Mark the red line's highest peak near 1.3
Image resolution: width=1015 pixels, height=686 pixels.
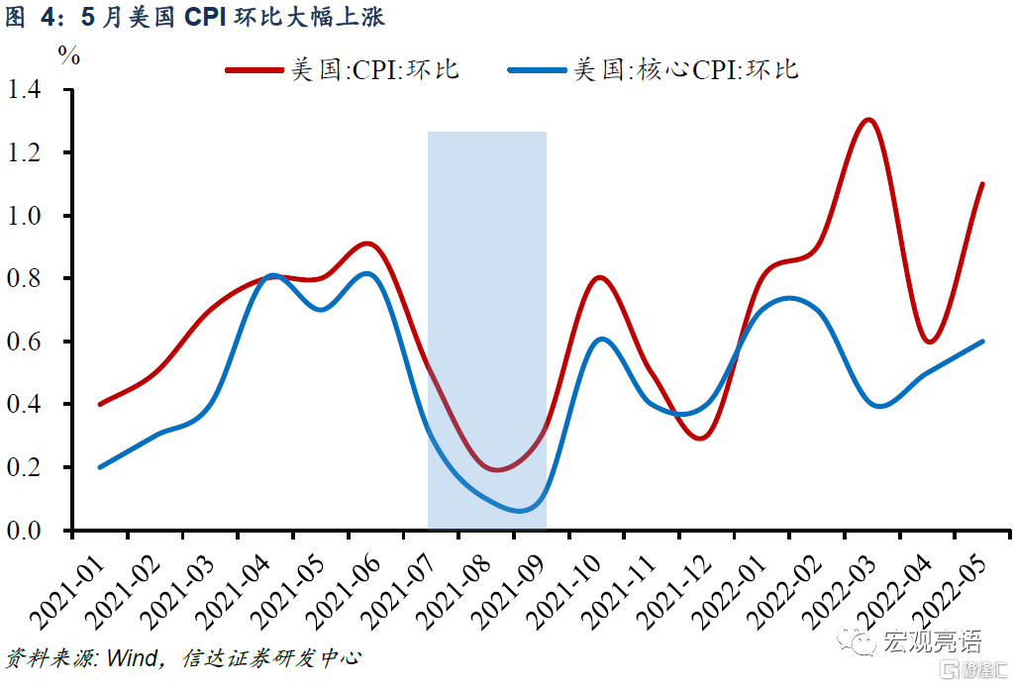pyautogui.click(x=868, y=120)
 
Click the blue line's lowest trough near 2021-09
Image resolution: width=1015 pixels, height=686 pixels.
pyautogui.click(x=522, y=511)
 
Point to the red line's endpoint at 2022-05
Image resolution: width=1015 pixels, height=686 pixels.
pyautogui.click(x=982, y=184)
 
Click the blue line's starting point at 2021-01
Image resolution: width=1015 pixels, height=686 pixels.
pyautogui.click(x=100, y=467)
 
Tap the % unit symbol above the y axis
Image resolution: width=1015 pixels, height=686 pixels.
pyautogui.click(x=68, y=56)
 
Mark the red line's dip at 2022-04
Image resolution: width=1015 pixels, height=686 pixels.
pyautogui.click(x=929, y=342)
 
